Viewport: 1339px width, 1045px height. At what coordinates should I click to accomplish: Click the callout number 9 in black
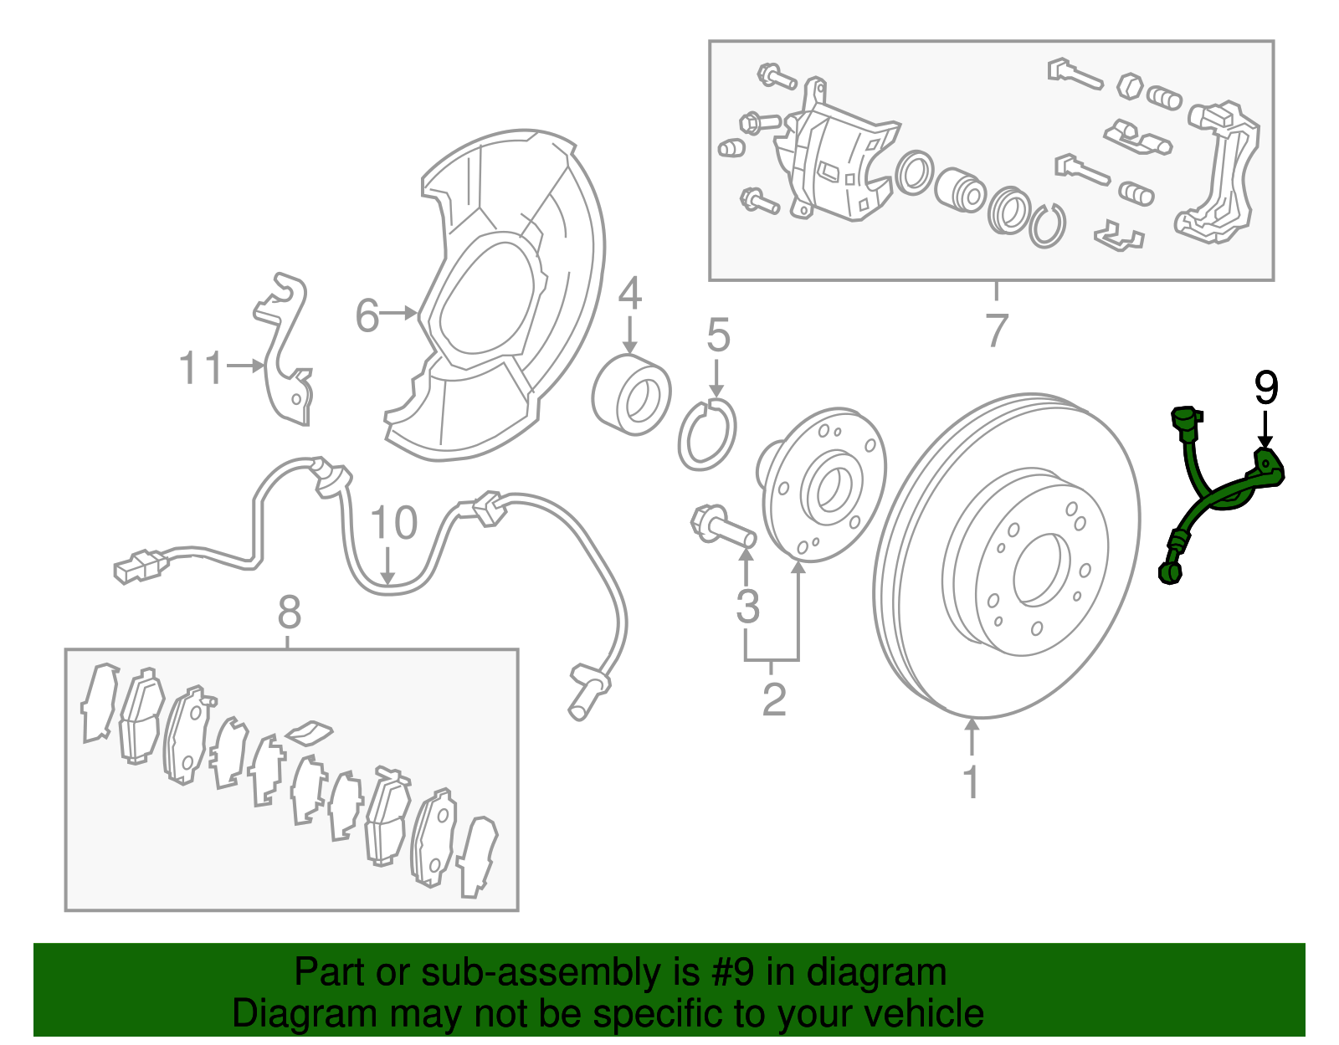point(1266,389)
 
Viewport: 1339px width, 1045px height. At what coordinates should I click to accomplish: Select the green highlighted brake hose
point(1205,502)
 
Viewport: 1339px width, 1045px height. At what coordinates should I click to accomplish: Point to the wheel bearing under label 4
point(631,395)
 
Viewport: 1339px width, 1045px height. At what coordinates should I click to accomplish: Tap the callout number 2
point(774,699)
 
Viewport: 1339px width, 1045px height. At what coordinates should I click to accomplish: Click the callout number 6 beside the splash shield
point(367,316)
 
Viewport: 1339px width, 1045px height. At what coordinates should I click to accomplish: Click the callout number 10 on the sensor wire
point(393,524)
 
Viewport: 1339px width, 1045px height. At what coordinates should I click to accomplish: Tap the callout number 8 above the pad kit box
point(289,612)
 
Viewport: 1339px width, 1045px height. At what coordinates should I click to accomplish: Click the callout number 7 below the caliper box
point(996,330)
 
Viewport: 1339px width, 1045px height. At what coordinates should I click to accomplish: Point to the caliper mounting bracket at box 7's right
point(1222,172)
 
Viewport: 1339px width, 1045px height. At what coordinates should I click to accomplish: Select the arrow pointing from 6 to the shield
point(400,314)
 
